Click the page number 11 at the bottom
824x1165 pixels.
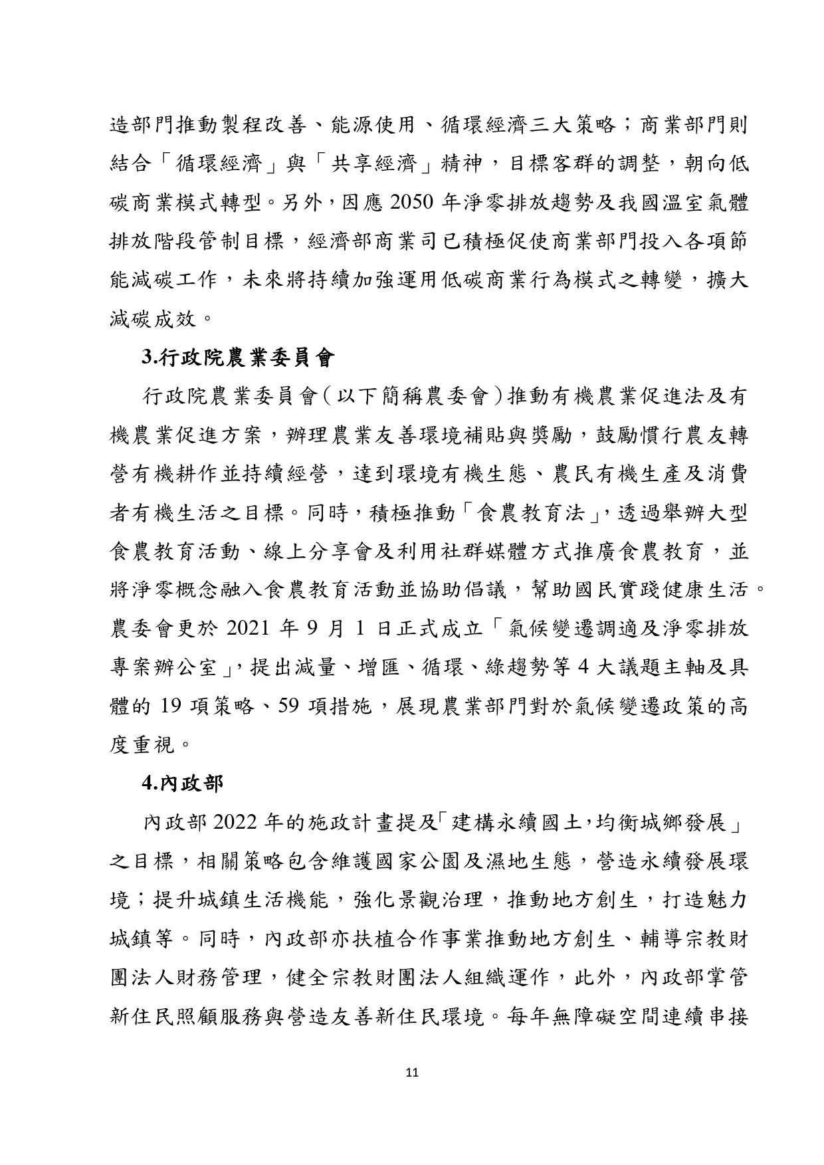pos(411,1072)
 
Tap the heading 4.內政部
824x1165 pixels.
pos(183,783)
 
